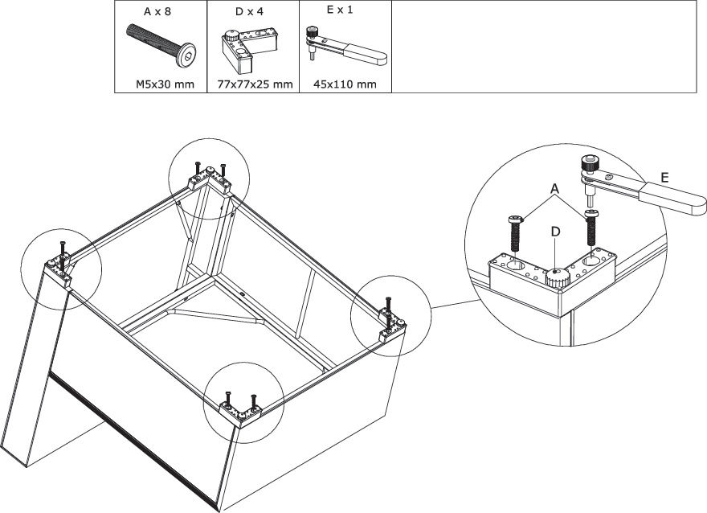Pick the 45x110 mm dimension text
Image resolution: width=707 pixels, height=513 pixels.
click(x=345, y=84)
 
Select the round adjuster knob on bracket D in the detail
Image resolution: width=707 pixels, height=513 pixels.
click(x=557, y=279)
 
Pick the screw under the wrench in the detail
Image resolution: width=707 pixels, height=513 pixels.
click(x=592, y=228)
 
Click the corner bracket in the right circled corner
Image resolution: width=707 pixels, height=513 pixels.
click(x=394, y=326)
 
